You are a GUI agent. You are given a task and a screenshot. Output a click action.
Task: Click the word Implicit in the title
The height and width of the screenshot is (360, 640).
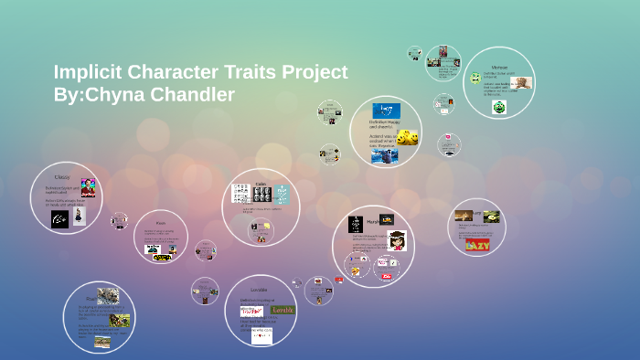(92, 72)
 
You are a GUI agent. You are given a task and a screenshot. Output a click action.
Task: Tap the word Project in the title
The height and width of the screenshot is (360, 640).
(311, 72)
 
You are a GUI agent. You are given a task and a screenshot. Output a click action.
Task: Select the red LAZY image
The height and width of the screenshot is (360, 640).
(477, 244)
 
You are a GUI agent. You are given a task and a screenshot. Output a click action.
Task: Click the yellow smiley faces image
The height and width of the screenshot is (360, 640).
(408, 138)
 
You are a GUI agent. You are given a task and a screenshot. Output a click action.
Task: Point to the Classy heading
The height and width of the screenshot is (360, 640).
(61, 176)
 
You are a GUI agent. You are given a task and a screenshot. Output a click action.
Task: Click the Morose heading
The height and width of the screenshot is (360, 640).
(499, 68)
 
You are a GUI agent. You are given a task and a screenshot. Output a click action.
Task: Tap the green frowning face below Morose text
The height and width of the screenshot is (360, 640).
(499, 107)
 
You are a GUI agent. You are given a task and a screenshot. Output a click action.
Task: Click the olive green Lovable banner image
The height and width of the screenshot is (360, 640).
(283, 310)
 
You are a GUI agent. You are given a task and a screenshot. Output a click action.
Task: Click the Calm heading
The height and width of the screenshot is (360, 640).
(261, 183)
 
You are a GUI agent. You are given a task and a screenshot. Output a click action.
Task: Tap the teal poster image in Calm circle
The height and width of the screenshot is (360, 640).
(282, 194)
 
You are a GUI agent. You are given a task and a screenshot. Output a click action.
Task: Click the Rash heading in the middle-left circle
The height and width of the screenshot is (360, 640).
(160, 223)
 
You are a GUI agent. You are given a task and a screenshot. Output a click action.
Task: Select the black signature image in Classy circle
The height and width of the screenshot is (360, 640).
(60, 219)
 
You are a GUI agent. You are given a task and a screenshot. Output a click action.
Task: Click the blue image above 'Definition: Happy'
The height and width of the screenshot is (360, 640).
(386, 111)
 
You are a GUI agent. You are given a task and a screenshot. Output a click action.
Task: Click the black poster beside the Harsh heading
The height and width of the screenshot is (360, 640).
(356, 224)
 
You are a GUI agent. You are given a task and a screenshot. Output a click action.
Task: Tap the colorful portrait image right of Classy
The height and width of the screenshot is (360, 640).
(88, 188)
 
